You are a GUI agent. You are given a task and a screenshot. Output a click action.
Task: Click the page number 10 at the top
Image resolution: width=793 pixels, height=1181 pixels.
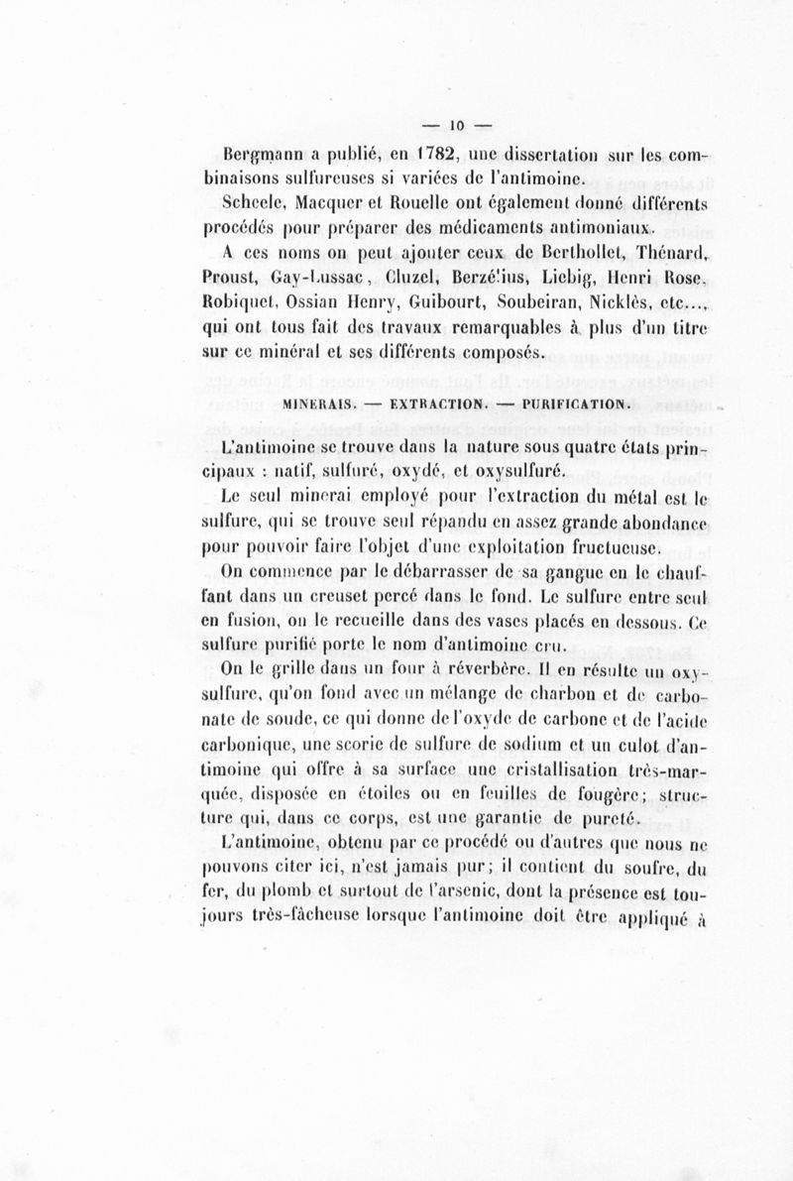457,124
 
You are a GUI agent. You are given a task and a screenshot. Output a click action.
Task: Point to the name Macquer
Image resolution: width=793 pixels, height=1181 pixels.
336,203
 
